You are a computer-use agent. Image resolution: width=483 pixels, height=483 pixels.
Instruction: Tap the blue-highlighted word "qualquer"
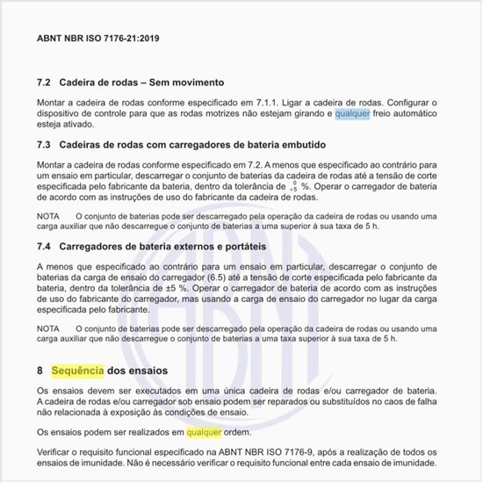click(352, 114)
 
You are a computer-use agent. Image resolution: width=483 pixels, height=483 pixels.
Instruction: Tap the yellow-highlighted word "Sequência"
click(78, 371)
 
